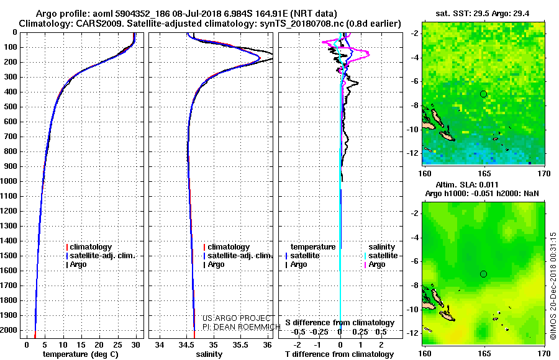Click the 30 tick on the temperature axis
pos(135,344)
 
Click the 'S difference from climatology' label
pos(340,323)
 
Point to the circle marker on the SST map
pos(483,94)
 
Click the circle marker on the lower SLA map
pos(483,274)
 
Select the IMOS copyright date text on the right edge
pos(552,286)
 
